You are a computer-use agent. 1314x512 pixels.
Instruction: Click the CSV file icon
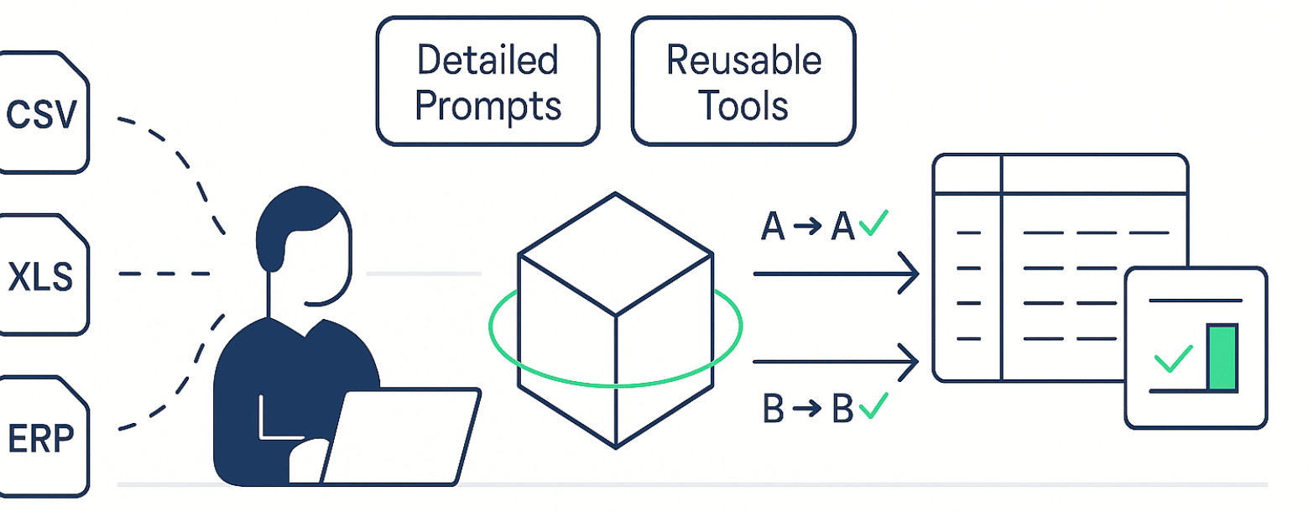coord(42,113)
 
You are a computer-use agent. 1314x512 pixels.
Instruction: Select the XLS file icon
coord(42,274)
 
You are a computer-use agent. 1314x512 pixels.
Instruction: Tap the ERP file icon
coord(42,436)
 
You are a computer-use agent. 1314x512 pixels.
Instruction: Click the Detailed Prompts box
coord(488,81)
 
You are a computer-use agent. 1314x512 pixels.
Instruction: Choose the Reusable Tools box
coord(743,81)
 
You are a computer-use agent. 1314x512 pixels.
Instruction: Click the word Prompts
coord(488,106)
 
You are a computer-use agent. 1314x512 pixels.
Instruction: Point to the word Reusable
coord(743,60)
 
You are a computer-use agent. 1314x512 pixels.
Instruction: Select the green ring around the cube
coord(503,353)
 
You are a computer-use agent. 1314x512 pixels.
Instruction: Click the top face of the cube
coord(616,252)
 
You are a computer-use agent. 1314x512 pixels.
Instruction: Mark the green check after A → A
coord(873,223)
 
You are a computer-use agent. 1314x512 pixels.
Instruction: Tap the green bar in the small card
coord(1222,358)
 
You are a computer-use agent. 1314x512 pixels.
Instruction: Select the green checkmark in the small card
coord(1174,358)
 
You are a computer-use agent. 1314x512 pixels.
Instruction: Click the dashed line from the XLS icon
coord(164,274)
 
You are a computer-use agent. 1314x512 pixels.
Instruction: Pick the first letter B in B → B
coord(773,409)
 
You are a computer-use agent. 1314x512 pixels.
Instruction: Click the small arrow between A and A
coord(807,227)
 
